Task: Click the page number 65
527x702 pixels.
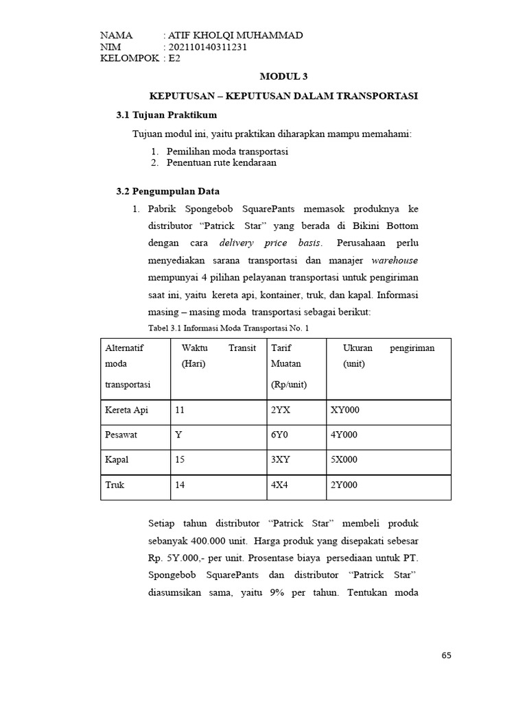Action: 447,655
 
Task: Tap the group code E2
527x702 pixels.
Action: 174,58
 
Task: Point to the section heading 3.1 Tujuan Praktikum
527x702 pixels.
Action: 167,114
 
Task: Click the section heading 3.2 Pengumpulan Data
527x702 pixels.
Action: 168,191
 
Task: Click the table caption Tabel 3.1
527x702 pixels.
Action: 229,328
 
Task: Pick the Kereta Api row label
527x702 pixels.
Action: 127,410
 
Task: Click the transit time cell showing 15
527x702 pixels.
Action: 180,459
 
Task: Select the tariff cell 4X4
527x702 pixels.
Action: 281,484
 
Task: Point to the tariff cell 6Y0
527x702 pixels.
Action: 281,435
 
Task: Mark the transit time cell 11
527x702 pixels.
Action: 180,410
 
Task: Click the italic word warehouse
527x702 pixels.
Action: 395,261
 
